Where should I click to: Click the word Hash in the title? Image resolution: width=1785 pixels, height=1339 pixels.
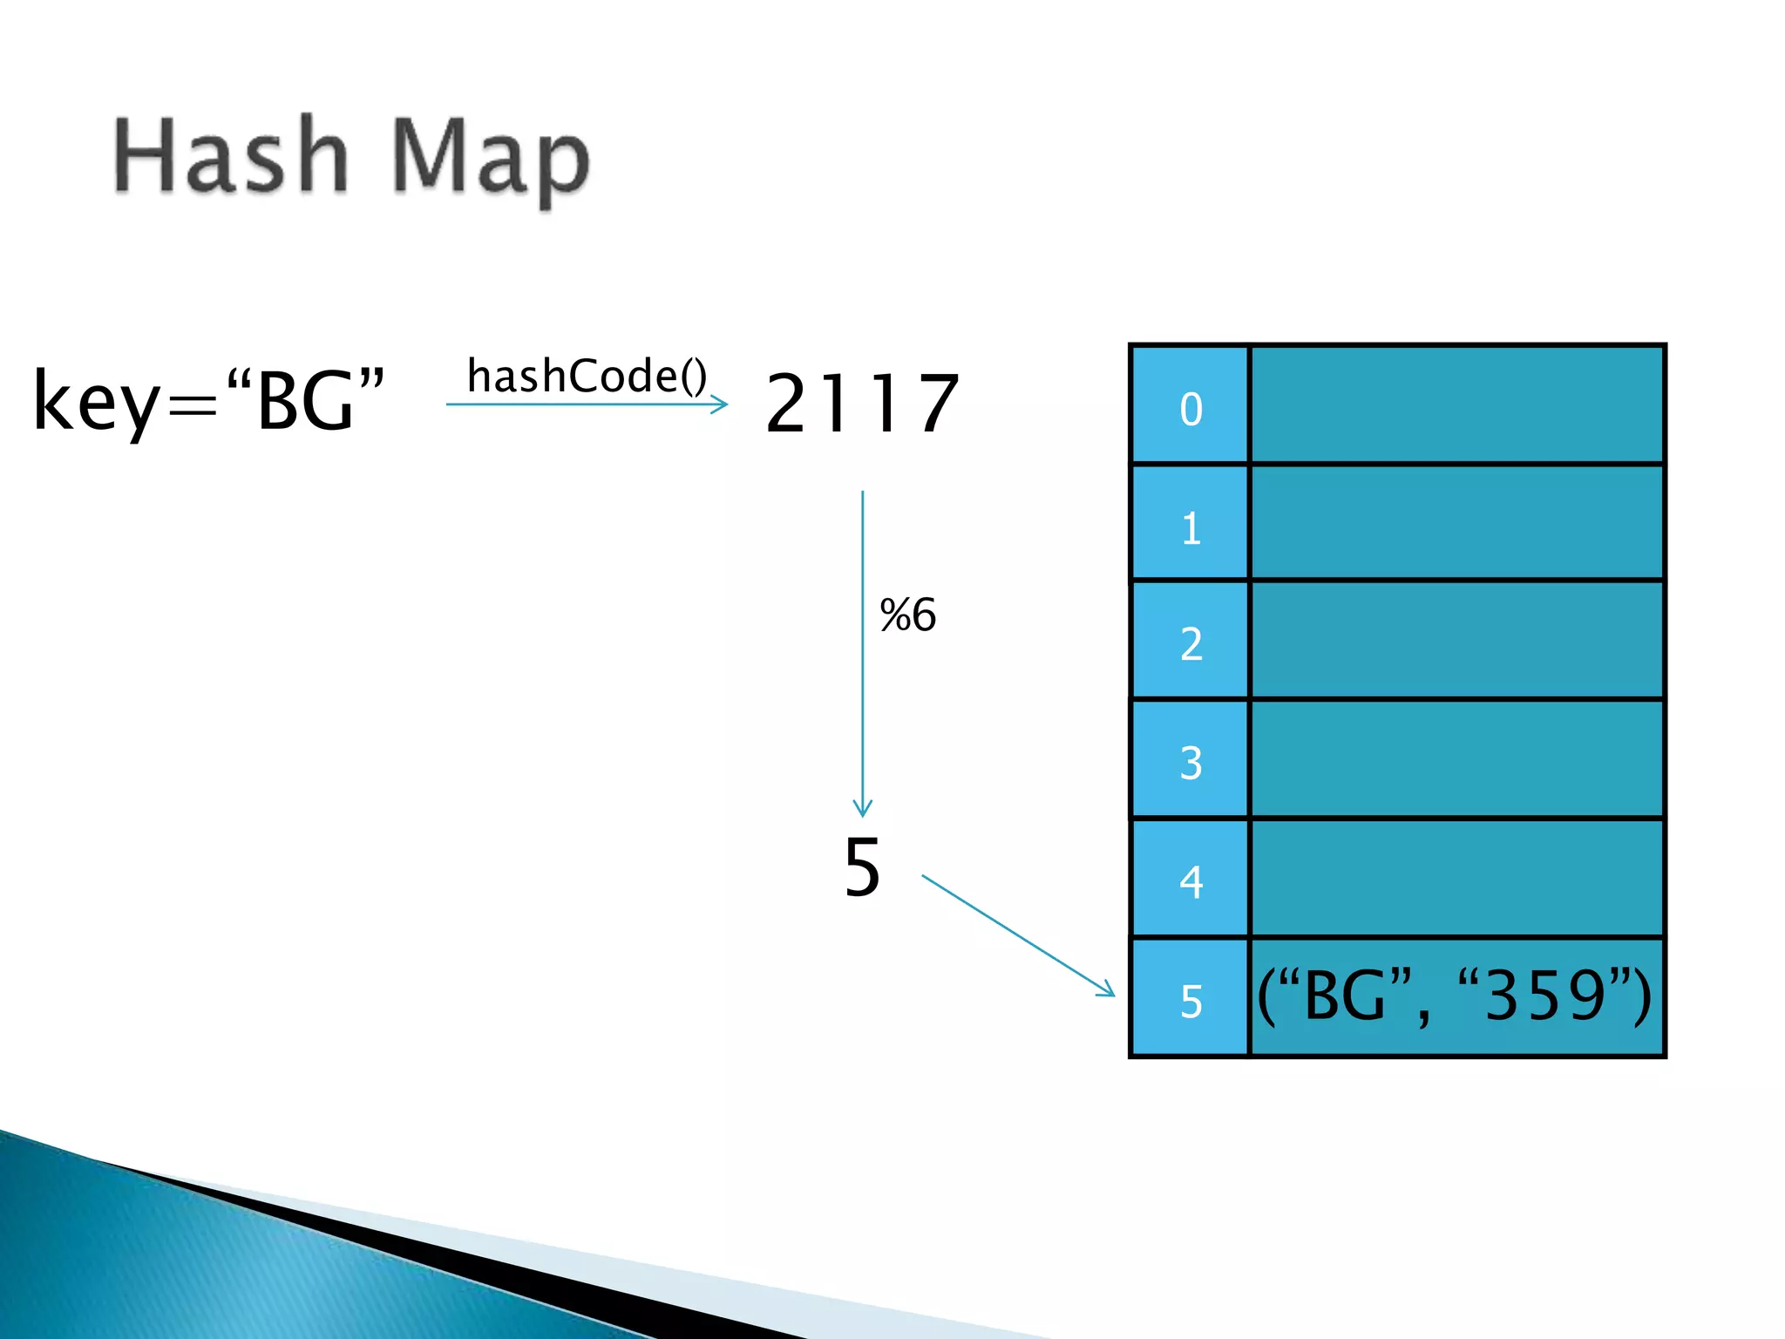231,157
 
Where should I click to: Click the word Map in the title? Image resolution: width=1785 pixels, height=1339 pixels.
490,161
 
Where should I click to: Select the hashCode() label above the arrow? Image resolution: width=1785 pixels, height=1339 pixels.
587,376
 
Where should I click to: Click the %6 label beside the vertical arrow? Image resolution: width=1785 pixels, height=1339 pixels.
907,615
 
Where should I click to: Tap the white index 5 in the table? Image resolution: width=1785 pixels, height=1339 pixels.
1191,1000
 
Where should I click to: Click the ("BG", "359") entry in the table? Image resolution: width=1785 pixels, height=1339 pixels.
1454,996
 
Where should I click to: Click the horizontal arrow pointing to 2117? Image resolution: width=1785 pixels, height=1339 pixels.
586,404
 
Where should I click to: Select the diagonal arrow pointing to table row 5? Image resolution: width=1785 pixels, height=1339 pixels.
1017,935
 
